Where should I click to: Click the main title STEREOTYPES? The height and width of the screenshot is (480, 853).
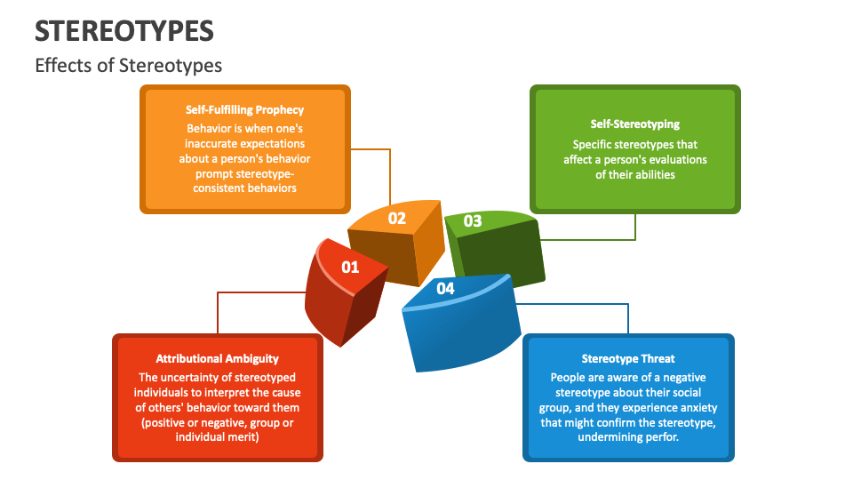pos(124,31)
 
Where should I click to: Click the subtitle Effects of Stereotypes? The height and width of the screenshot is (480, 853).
pos(128,66)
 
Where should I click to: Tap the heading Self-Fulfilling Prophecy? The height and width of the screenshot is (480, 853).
pos(244,110)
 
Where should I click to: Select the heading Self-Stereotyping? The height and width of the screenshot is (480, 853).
pos(634,124)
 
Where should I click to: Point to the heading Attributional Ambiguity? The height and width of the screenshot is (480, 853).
pos(217,359)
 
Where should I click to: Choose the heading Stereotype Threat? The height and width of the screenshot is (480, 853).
pos(627,359)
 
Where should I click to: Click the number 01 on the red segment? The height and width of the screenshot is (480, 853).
pos(350,267)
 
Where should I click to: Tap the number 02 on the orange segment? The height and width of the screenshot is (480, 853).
pos(396,218)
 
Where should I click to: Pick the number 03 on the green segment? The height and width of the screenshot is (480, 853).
pos(473,221)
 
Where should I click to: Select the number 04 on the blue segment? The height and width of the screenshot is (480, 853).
pos(445,288)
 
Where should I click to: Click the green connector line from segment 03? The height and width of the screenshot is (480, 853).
pos(634,227)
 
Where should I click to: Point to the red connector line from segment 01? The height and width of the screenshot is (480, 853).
pos(219,311)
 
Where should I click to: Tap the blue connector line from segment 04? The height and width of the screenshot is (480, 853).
pos(627,317)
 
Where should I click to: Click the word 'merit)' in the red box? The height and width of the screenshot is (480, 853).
pos(243,437)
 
